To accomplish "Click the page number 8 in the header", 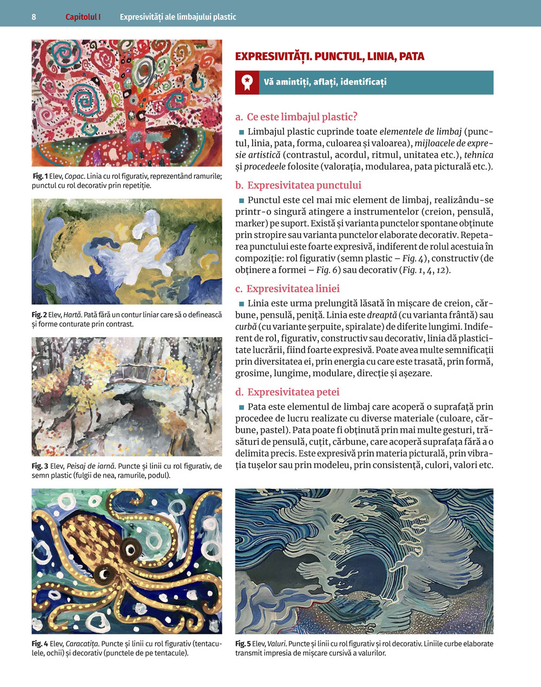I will point(34,17).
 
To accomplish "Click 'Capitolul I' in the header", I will point(83,17).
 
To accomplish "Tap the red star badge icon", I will point(247,82).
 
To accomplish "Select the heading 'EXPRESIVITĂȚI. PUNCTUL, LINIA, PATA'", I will point(329,56).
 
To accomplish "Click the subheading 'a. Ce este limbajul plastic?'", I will point(296,116).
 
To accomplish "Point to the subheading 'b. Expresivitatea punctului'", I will point(298,185).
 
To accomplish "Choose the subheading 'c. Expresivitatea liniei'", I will point(287,289).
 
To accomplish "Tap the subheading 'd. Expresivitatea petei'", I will point(287,392).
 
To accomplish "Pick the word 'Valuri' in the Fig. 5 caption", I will point(276,644).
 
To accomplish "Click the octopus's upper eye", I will point(130,549).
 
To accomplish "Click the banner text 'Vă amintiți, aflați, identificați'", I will point(325,82).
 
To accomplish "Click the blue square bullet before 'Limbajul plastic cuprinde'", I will point(241,132).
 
